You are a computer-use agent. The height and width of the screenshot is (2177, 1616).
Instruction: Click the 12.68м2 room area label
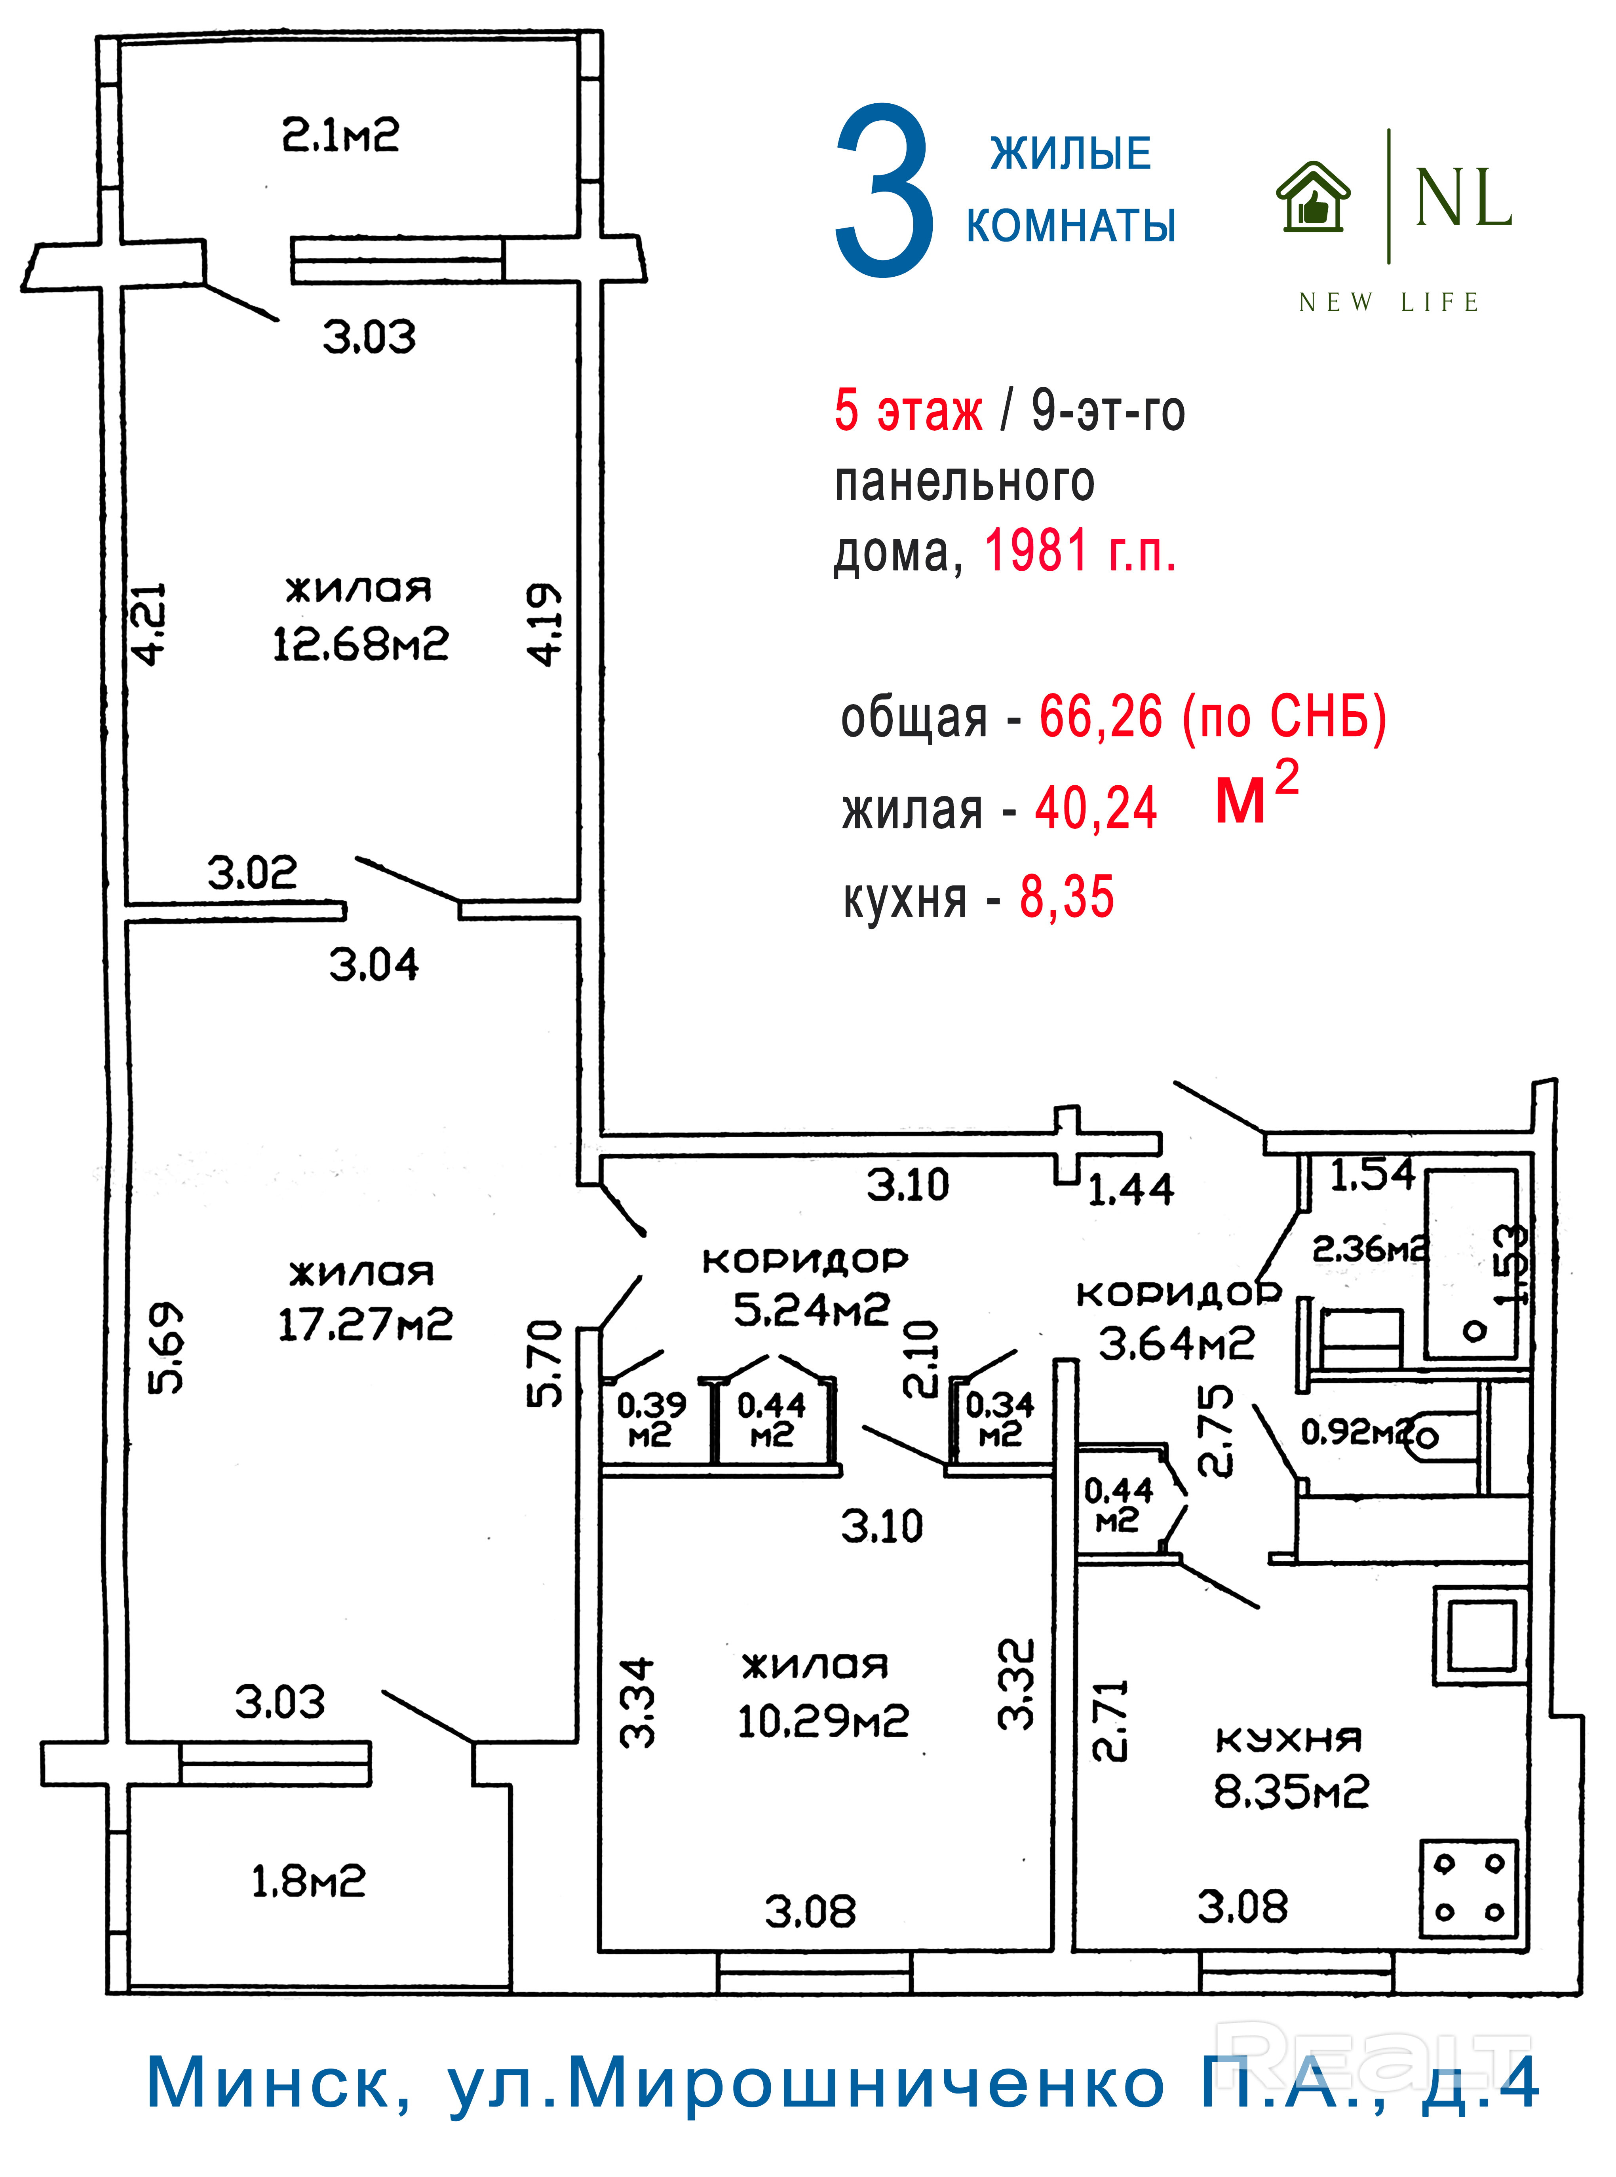click(360, 644)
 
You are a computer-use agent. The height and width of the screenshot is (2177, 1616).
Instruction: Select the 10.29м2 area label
click(823, 1721)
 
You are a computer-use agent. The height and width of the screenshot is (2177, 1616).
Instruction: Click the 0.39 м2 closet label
click(650, 1419)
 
